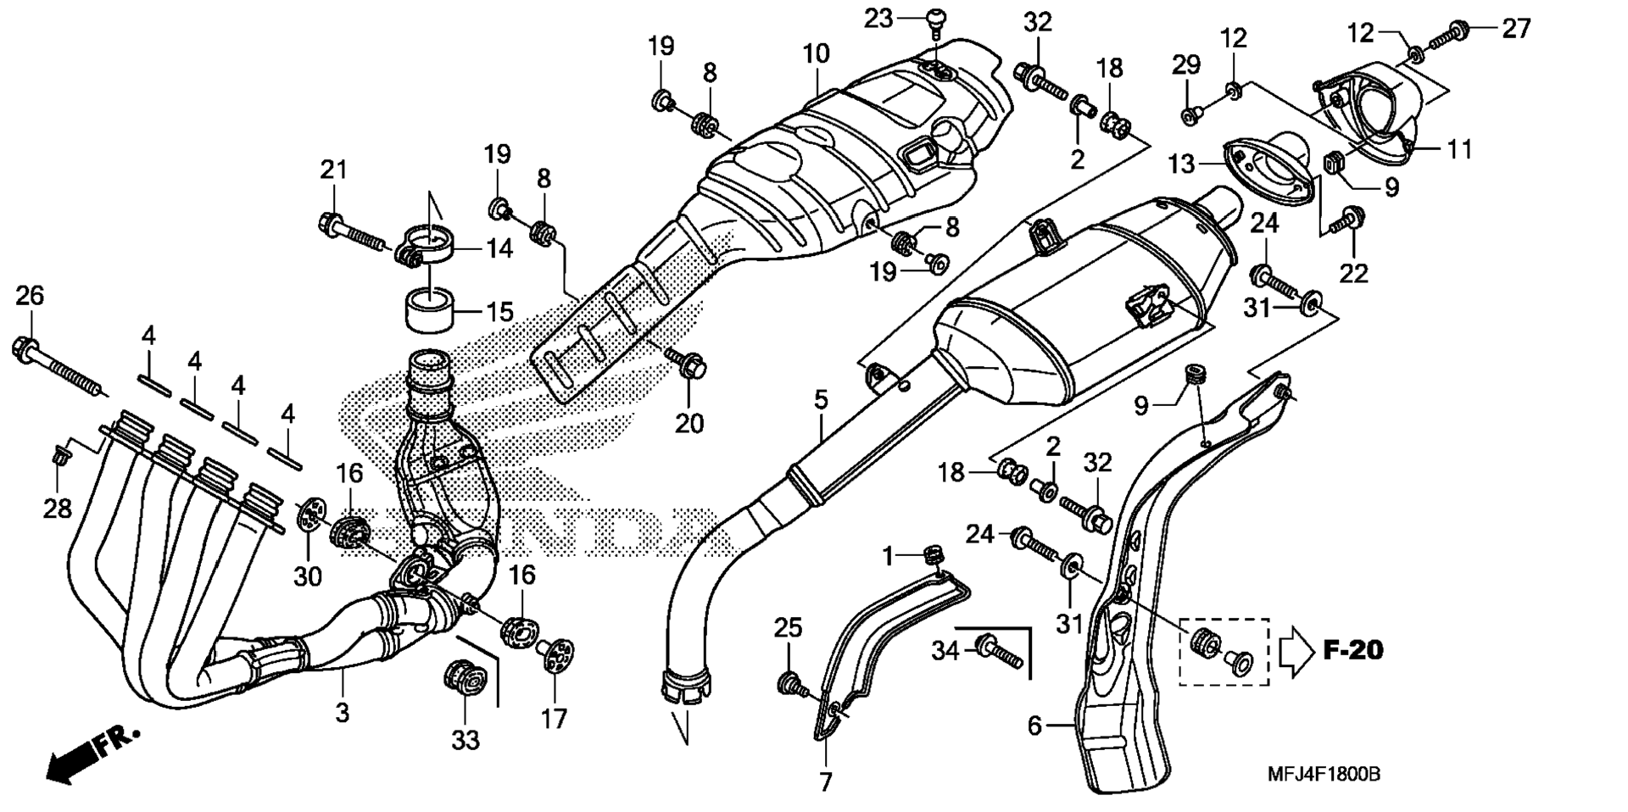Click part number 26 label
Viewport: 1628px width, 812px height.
click(x=30, y=296)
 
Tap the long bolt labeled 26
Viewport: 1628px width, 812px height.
click(x=60, y=367)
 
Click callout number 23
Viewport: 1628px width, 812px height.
click(x=878, y=18)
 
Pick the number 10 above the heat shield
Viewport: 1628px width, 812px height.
click(x=816, y=54)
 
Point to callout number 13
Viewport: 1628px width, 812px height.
click(x=1182, y=162)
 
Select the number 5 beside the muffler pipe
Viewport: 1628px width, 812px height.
click(x=821, y=399)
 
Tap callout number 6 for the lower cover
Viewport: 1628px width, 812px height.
click(x=1034, y=726)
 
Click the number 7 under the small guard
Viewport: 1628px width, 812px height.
click(x=827, y=781)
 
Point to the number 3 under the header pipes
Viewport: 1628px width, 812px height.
click(x=342, y=713)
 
